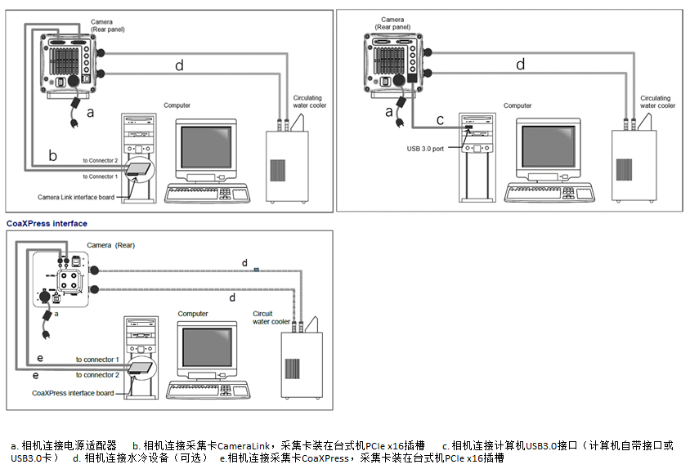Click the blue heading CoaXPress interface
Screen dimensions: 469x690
click(x=47, y=223)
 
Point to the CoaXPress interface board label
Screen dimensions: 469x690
click(x=73, y=393)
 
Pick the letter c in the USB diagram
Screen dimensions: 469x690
click(x=440, y=120)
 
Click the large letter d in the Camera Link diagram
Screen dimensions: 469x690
click(x=179, y=65)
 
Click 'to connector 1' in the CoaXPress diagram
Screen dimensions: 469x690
click(x=97, y=360)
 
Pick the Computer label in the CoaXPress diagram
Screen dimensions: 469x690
click(x=193, y=314)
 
